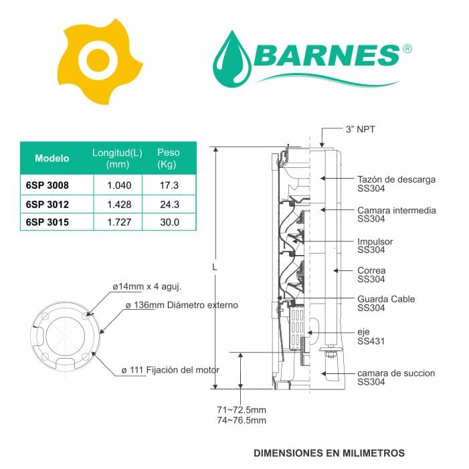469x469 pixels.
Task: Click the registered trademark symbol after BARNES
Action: tap(407, 49)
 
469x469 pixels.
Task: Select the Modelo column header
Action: tap(52, 158)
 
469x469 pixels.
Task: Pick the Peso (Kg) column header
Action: tap(169, 158)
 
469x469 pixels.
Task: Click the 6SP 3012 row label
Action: tap(48, 205)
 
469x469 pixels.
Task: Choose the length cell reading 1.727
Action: tap(119, 222)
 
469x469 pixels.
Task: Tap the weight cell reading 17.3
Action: tap(169, 185)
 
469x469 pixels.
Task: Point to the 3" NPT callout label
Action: tap(360, 130)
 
